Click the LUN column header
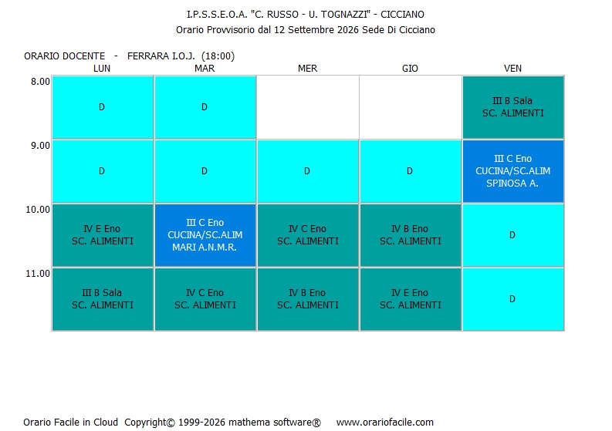(102, 69)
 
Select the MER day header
(308, 69)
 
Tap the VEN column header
(512, 69)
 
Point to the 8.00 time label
(41, 82)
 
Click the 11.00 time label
(38, 274)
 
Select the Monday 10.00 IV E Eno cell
(103, 235)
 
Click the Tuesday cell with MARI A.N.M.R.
(205, 235)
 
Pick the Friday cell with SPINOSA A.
(513, 171)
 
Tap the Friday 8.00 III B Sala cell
(513, 107)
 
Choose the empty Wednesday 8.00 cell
(308, 107)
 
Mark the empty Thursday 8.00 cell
(411, 107)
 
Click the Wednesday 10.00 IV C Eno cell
(308, 235)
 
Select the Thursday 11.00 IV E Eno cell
(411, 299)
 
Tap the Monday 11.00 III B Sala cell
(103, 299)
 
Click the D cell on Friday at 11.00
(513, 299)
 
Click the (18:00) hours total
(218, 56)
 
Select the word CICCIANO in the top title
(402, 15)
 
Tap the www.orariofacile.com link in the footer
(385, 422)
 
